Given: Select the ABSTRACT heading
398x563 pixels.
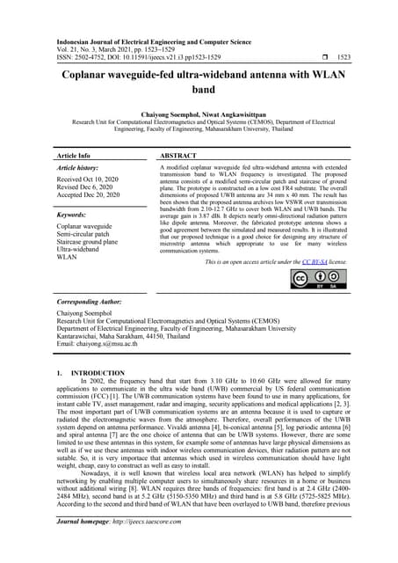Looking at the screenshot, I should (178, 154).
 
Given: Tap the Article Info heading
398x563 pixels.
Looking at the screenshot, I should (73, 154).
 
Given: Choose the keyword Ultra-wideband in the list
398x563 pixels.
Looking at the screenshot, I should (81, 250).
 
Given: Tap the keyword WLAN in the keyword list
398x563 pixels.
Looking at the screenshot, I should (68, 258).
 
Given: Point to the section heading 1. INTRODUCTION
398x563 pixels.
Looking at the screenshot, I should (90, 373).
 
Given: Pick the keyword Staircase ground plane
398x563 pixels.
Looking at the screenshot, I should (96, 241).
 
